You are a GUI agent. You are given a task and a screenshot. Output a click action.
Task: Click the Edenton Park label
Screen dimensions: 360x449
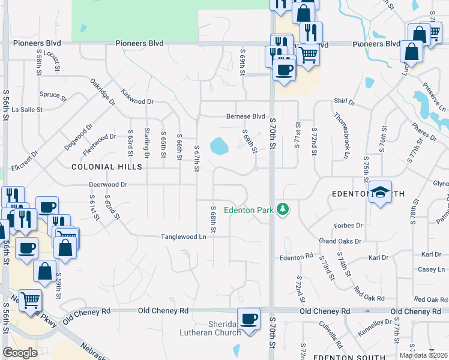(x=249, y=210)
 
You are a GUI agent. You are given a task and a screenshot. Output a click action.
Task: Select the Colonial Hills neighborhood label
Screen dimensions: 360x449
(x=98, y=167)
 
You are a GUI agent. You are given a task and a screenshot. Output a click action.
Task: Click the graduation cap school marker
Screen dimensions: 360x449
(x=380, y=193)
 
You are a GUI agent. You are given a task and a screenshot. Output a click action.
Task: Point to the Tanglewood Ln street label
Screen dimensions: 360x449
(x=183, y=237)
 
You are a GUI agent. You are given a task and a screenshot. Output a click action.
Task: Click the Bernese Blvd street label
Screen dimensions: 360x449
(x=246, y=116)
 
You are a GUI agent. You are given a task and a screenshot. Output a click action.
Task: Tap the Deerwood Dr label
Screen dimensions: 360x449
(x=109, y=185)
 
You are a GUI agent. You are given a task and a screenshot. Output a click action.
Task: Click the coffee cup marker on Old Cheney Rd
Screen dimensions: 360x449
(x=249, y=319)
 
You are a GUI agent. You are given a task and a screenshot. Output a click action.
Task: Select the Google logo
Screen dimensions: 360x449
(x=20, y=353)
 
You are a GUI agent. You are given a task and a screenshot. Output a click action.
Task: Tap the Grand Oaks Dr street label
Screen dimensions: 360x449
(x=340, y=241)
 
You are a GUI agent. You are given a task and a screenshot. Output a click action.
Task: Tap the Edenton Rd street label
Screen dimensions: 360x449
(x=297, y=256)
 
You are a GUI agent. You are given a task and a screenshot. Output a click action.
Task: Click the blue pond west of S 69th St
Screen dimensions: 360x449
(x=218, y=146)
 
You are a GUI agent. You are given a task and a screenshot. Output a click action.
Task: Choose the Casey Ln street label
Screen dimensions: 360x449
(x=430, y=269)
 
